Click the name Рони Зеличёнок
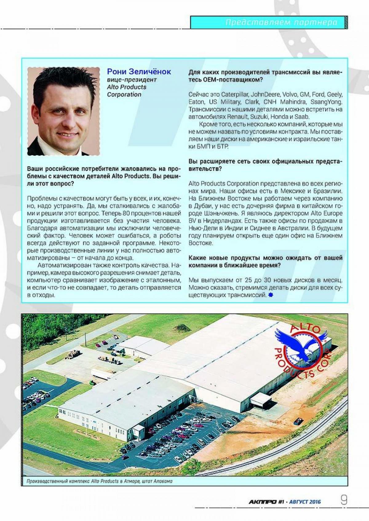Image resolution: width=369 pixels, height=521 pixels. [x=139, y=72]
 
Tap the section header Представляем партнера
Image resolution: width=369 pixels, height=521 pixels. [x=281, y=22]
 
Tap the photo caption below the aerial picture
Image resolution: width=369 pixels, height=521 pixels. [x=99, y=481]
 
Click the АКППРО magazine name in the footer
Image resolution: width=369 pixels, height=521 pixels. [x=262, y=502]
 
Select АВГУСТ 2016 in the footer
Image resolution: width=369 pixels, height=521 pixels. [x=305, y=502]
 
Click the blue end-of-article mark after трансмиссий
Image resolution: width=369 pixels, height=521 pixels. [x=270, y=295]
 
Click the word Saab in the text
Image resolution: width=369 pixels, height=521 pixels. [x=303, y=117]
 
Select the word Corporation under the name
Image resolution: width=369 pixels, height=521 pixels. [x=124, y=95]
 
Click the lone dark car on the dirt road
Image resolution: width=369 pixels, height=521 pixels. [x=297, y=421]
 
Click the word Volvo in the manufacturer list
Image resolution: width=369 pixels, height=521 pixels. [x=290, y=94]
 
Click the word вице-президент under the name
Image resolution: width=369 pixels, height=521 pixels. [x=132, y=80]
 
